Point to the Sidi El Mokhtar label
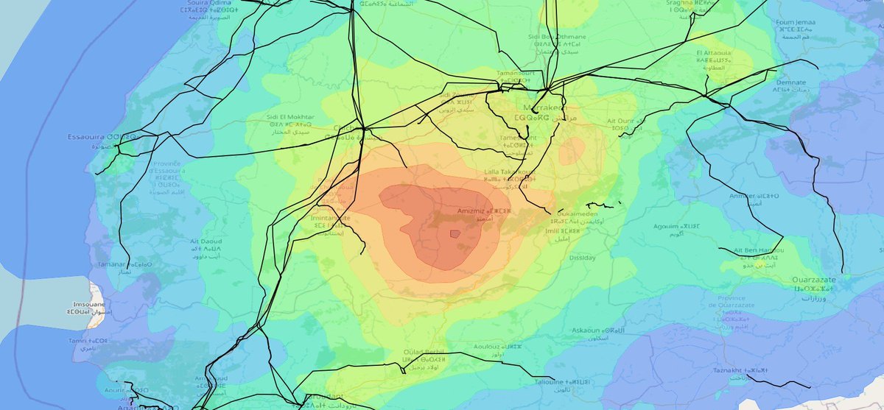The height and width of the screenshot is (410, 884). pos(292,117)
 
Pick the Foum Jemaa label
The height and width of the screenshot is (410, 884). pos(794,23)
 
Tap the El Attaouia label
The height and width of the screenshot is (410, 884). pos(712,54)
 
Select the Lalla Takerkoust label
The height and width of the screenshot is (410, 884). pos(508,172)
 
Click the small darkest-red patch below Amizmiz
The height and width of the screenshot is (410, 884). pos(455,233)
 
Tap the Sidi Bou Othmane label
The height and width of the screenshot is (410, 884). pos(557,36)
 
